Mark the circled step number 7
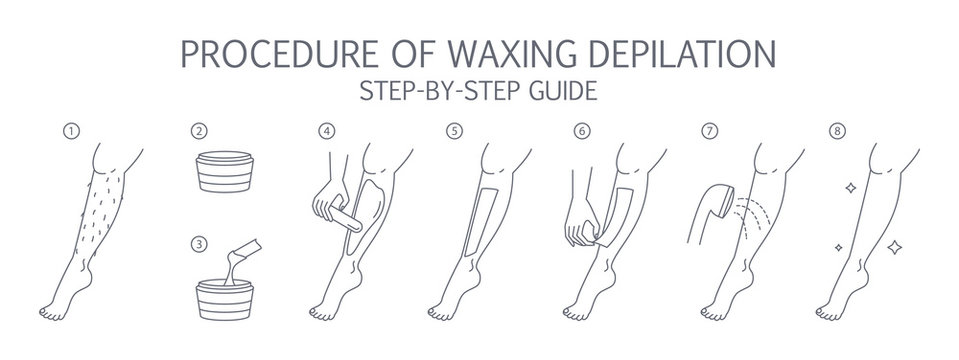pos(711,131)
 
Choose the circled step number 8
pos(837,131)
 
